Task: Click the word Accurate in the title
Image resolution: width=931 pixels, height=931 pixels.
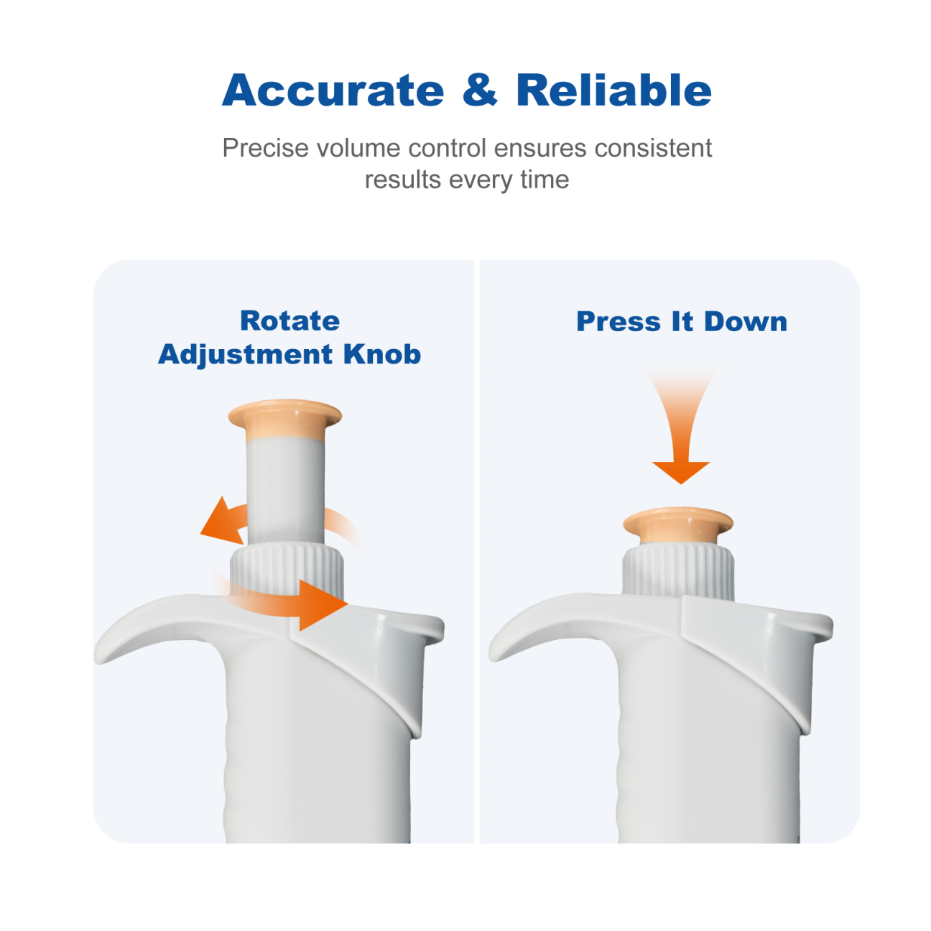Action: click(x=333, y=90)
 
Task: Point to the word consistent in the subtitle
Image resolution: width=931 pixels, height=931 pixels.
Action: click(x=653, y=148)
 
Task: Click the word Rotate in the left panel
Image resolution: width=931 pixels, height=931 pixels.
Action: click(x=290, y=321)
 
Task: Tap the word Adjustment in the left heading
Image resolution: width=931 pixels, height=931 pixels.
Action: click(x=246, y=355)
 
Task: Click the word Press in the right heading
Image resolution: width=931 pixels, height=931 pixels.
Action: click(x=619, y=322)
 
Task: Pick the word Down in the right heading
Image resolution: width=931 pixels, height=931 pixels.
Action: click(x=746, y=322)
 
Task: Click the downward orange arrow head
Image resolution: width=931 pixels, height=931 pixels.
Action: click(x=681, y=472)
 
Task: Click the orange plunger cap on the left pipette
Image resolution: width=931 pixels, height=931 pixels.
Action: click(x=285, y=419)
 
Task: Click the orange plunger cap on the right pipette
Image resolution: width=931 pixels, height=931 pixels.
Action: click(x=678, y=525)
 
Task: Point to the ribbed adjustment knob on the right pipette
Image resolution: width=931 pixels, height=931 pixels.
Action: click(x=678, y=572)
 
